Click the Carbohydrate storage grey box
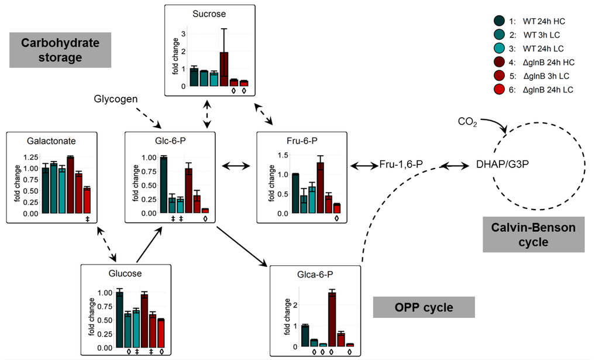[x=57, y=50]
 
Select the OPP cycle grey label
[x=424, y=307]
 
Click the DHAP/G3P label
[x=501, y=166]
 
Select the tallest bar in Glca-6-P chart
[x=332, y=319]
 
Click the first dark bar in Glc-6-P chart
[x=164, y=185]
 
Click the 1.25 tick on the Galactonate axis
[x=20, y=157]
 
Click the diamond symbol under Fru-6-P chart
[x=336, y=219]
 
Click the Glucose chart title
[x=125, y=273]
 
